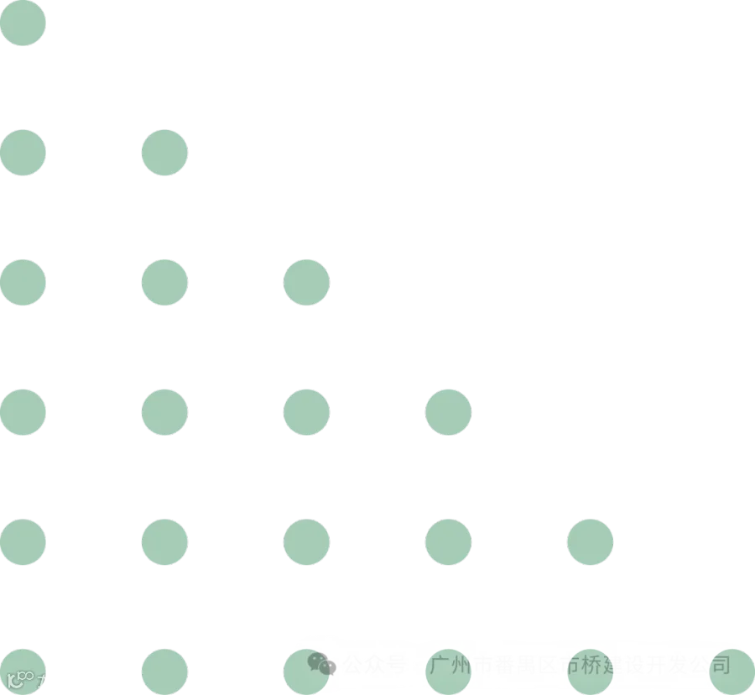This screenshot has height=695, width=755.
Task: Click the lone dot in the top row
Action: pos(23,23)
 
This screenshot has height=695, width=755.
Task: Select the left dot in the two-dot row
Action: pos(23,153)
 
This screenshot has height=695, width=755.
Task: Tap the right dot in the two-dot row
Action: pos(164,153)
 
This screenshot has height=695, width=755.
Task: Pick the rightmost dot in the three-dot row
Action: pos(306,282)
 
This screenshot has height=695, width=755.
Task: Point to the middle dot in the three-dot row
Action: pos(164,282)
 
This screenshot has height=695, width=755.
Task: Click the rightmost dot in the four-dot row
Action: pos(448,412)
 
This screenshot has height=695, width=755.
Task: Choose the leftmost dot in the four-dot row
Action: pos(23,412)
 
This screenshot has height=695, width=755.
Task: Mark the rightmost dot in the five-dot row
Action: pos(590,541)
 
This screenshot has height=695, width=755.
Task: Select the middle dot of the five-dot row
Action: pos(306,541)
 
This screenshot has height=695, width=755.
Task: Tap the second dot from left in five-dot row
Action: pos(164,541)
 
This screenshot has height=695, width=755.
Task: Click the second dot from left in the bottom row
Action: pos(164,671)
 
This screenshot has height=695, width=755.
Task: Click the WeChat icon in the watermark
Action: pos(321,665)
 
